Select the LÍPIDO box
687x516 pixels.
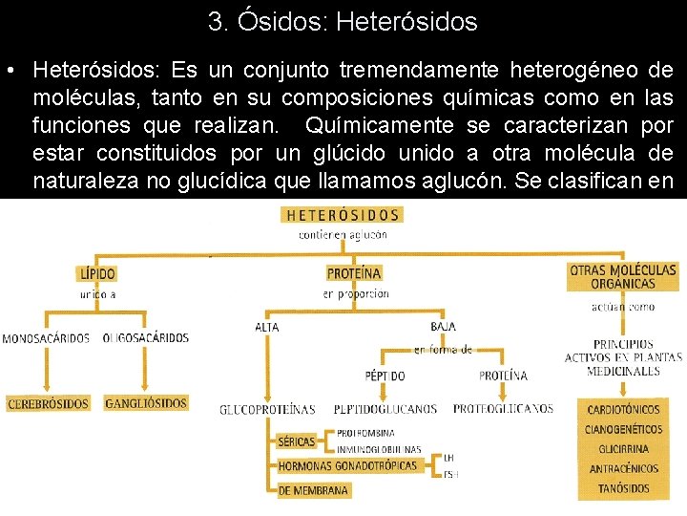click(x=97, y=273)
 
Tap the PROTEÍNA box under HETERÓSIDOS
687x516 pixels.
click(x=354, y=273)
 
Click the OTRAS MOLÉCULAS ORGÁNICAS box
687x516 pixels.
click(x=622, y=276)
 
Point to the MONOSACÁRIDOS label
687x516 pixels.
click(x=46, y=338)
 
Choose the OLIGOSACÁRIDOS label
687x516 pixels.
click(x=145, y=338)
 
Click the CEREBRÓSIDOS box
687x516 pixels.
click(x=49, y=404)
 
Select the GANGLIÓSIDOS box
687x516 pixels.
click(x=146, y=404)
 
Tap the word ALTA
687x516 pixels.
click(x=267, y=327)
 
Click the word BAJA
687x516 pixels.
click(x=443, y=327)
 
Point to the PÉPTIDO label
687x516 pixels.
click(x=385, y=376)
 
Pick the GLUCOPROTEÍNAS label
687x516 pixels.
click(x=267, y=409)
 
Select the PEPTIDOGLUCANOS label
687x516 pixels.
click(x=385, y=409)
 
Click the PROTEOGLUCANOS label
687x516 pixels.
click(x=503, y=409)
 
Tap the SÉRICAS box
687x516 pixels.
click(x=297, y=441)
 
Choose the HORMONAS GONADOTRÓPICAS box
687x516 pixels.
click(x=348, y=466)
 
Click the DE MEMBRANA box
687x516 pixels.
click(x=313, y=490)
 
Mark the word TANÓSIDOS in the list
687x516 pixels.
click(x=625, y=488)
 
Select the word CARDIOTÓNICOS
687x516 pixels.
click(x=624, y=410)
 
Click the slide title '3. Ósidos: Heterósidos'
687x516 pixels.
click(x=343, y=21)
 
